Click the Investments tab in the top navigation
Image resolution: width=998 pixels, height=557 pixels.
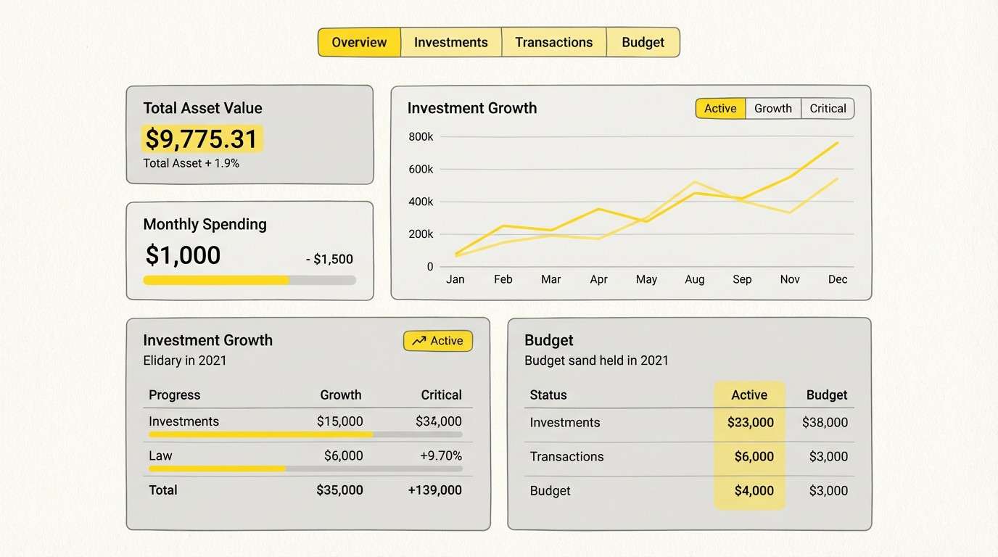coord(450,42)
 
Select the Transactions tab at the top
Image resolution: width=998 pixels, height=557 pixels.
coord(553,42)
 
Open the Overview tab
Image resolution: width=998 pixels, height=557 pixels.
coord(359,42)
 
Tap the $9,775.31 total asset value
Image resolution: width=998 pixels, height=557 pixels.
coord(202,139)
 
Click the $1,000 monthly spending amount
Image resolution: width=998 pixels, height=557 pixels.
coord(183,255)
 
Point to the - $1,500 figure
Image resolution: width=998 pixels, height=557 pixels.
coord(329,259)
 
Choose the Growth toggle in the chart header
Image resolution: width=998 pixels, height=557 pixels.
coord(772,108)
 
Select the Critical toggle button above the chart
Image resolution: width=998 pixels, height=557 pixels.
coord(828,108)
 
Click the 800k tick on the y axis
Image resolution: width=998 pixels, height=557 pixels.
coord(421,136)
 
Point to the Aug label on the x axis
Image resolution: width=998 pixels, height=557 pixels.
coord(694,279)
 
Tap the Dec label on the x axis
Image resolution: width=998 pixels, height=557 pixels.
coord(837,279)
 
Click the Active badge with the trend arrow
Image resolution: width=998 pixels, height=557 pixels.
coord(437,341)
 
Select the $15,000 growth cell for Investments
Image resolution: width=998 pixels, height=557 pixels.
coord(339,421)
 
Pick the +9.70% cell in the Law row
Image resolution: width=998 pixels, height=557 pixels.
coord(440,455)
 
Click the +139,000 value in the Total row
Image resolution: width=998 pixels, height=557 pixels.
coord(434,490)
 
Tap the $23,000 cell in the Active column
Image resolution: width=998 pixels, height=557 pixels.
coord(750,422)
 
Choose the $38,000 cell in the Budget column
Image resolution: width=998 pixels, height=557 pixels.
coord(825,422)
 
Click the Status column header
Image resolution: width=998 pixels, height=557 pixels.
coord(548,395)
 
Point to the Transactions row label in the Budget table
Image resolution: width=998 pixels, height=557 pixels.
coord(566,456)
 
